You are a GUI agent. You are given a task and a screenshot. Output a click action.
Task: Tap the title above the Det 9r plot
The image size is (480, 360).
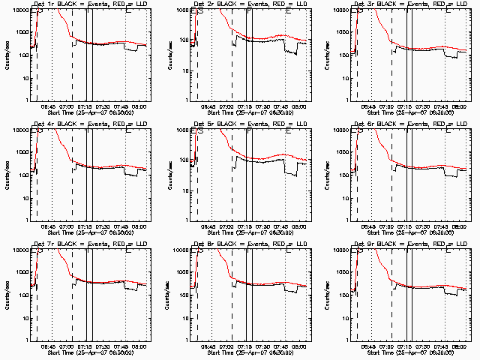(x=409, y=244)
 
